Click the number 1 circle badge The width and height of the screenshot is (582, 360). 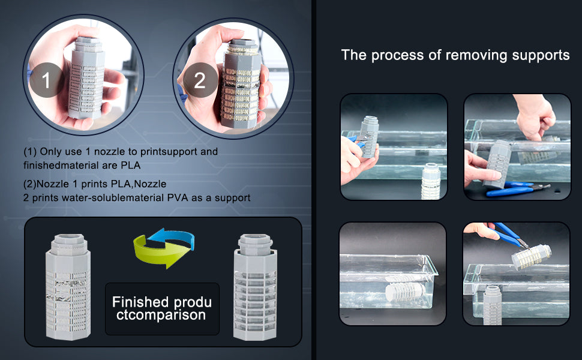click(x=46, y=80)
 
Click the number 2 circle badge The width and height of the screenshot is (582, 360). click(x=200, y=80)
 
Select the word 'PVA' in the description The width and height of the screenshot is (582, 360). click(x=178, y=197)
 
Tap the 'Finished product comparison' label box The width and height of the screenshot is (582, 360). click(x=162, y=309)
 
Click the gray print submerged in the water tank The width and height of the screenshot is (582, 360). click(x=405, y=292)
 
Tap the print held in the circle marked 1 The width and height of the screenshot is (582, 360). click(x=86, y=78)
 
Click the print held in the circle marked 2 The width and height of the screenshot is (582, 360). click(x=241, y=84)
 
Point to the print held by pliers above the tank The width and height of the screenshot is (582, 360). click(x=531, y=257)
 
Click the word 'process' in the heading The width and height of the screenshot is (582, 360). click(x=398, y=56)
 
